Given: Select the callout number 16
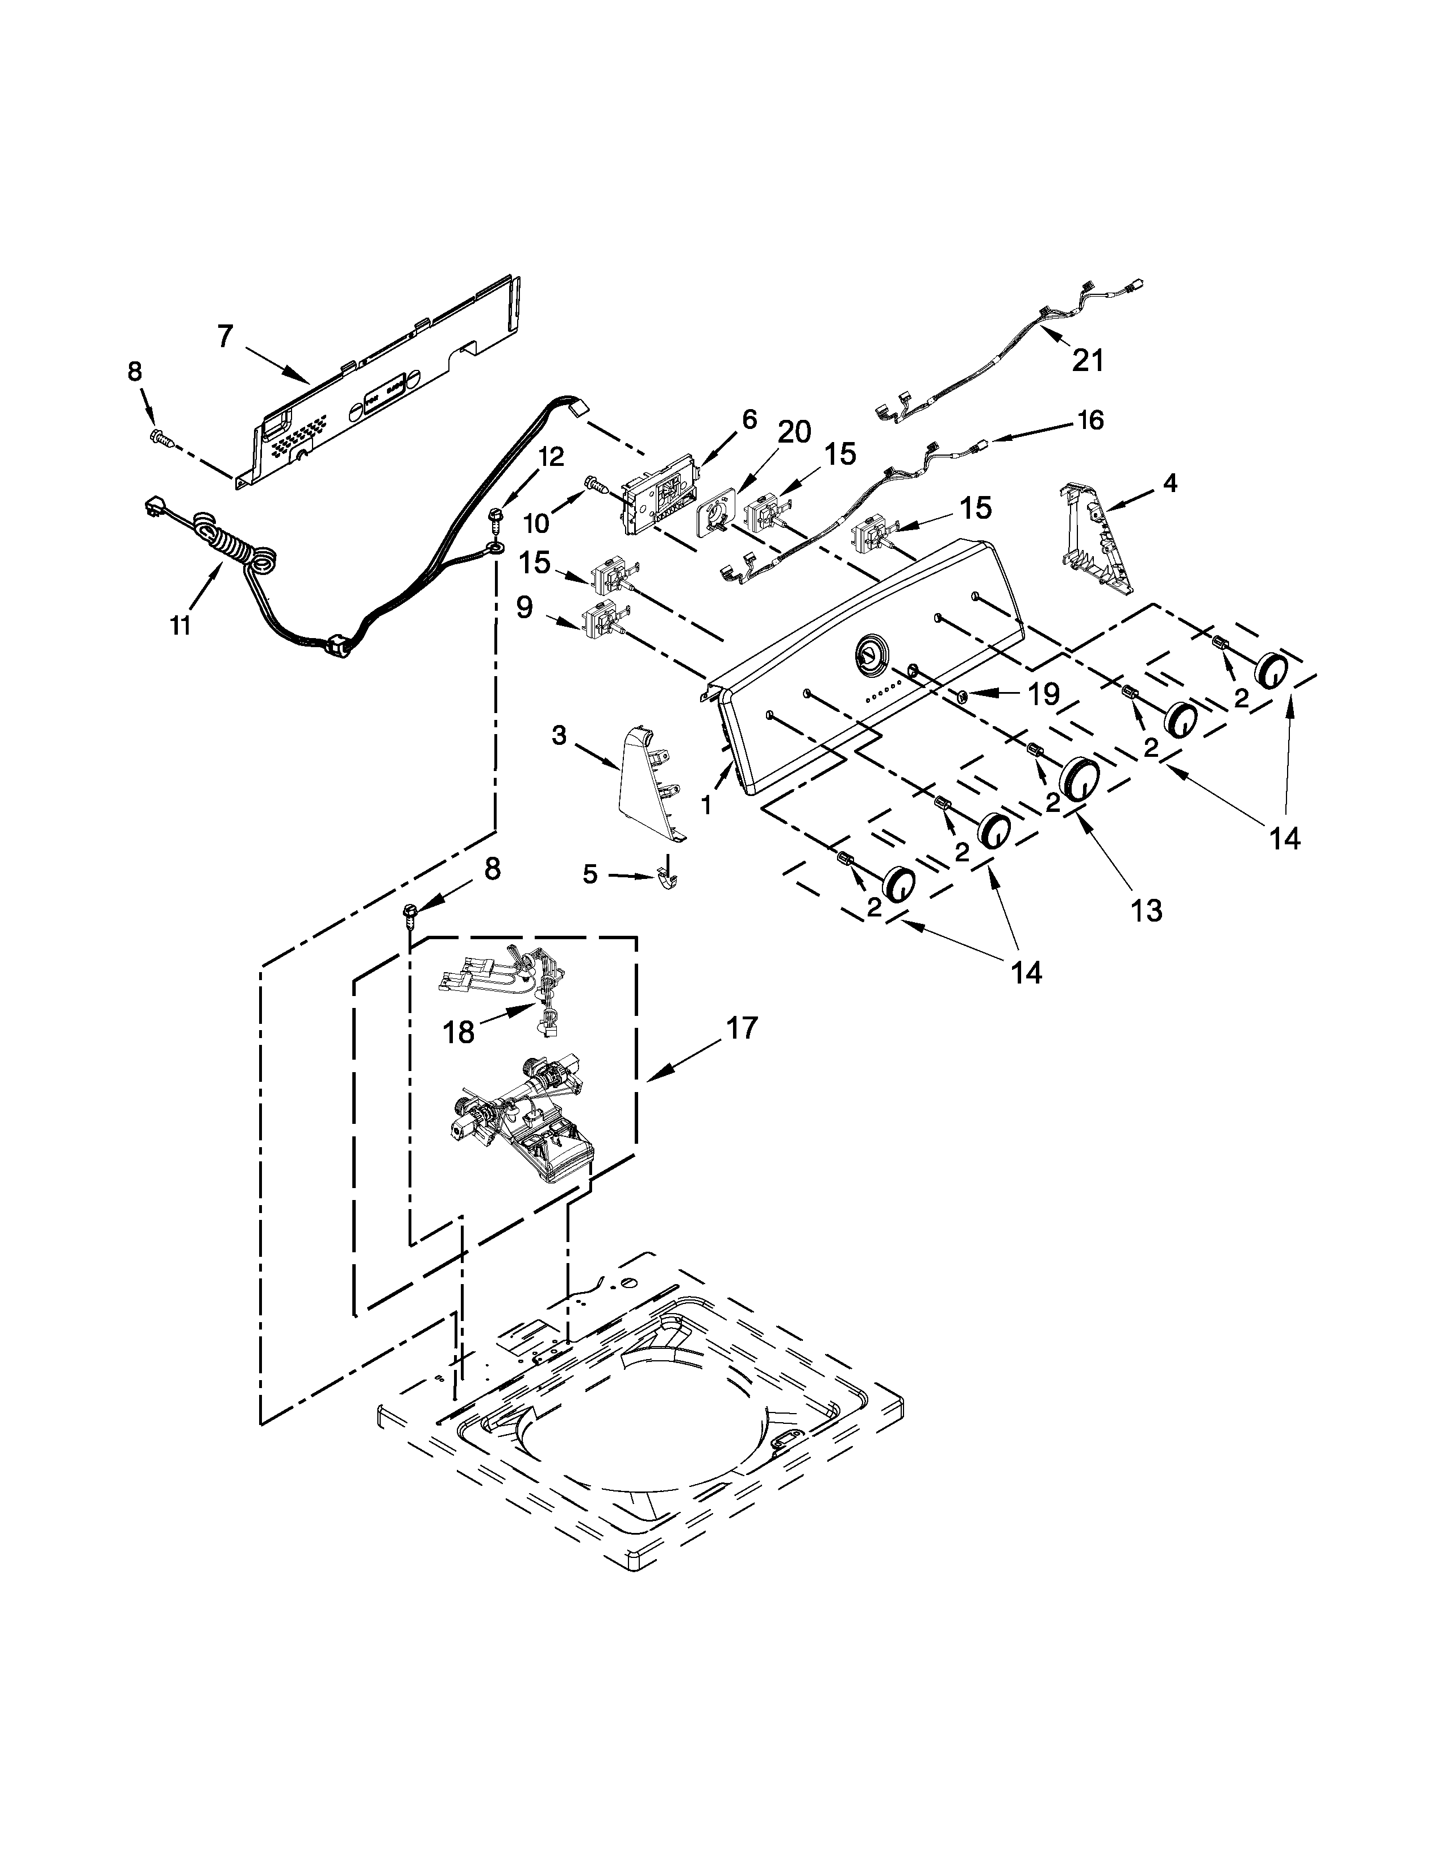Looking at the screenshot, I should tap(1089, 420).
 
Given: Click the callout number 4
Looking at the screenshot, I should tap(1169, 484).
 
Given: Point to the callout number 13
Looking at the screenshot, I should tap(1146, 910).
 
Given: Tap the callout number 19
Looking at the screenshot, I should tap(1044, 694).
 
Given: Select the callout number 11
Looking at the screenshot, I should tap(180, 626).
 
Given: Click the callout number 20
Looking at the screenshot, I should tap(794, 432).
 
